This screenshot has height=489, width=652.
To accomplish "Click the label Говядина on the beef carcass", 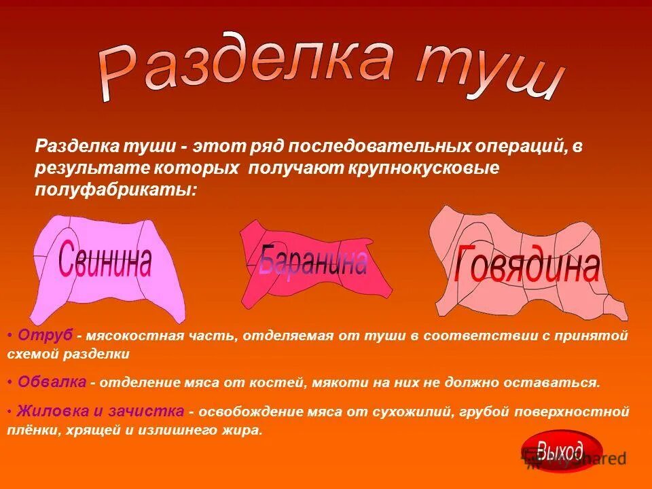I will click(527, 266).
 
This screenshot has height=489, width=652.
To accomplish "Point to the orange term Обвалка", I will click(52, 382).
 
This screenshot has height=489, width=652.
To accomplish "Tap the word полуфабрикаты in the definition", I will click(115, 189).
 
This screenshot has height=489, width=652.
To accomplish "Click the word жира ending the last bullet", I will click(244, 431).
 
